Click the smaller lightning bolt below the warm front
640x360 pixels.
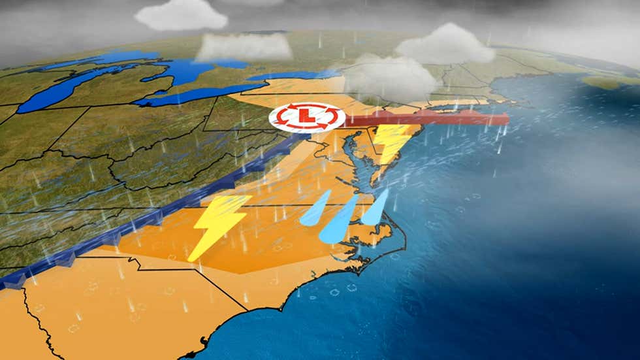coord(392,142)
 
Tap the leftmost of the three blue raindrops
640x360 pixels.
coord(315,208)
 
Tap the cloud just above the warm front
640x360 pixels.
coord(390,78)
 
